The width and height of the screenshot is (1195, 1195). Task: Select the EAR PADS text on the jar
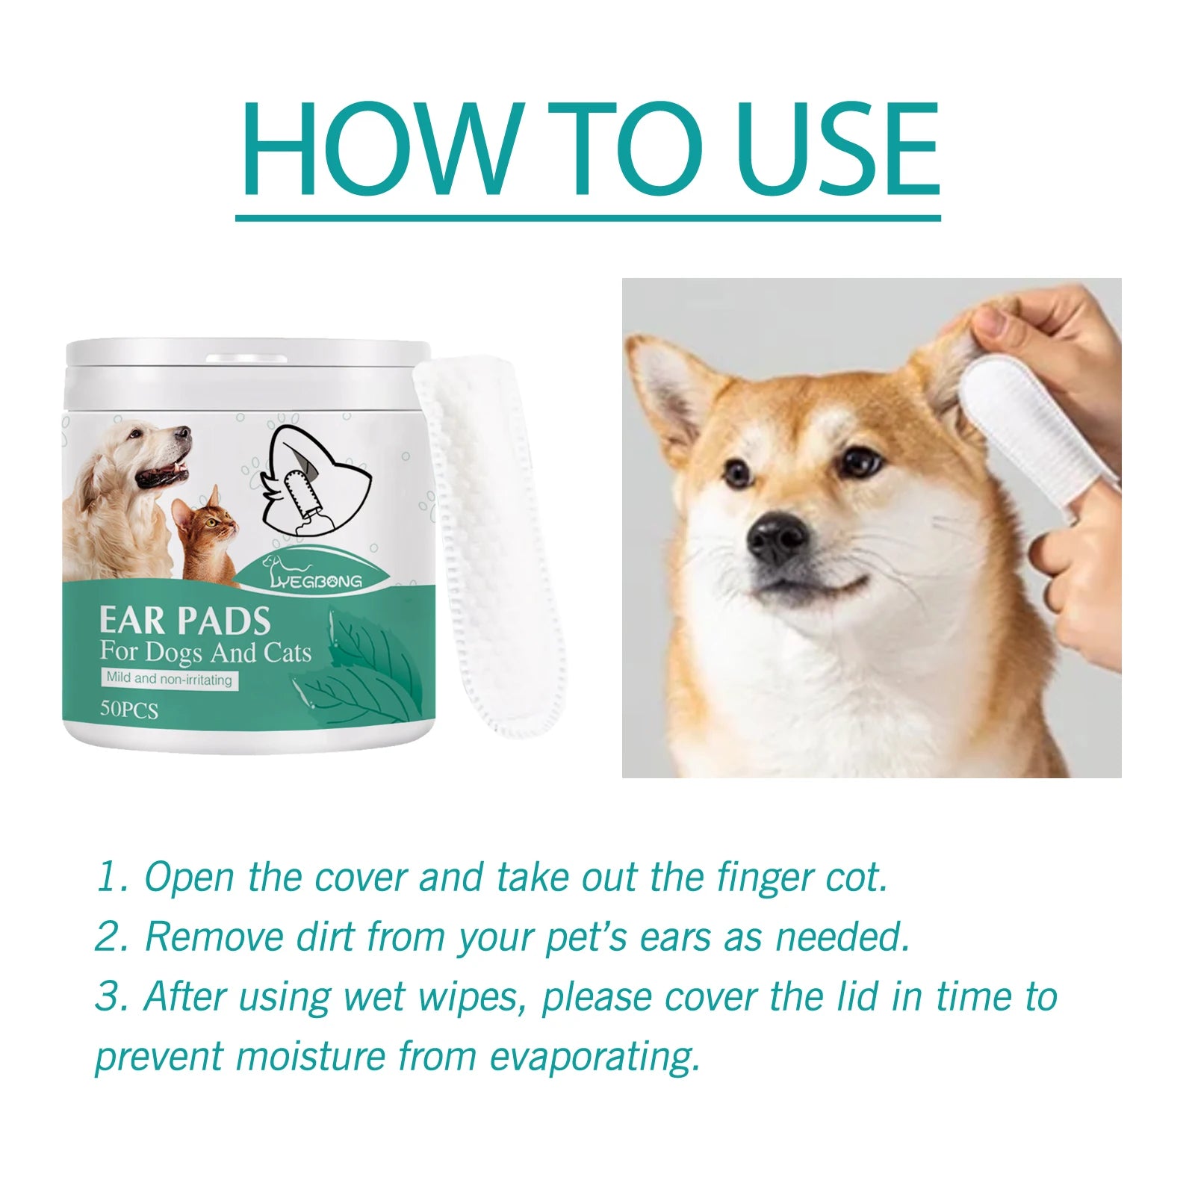[184, 621]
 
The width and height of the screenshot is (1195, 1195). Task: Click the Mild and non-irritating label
[169, 679]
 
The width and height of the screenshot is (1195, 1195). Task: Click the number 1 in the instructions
[107, 877]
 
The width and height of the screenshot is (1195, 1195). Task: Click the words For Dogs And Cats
[205, 652]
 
